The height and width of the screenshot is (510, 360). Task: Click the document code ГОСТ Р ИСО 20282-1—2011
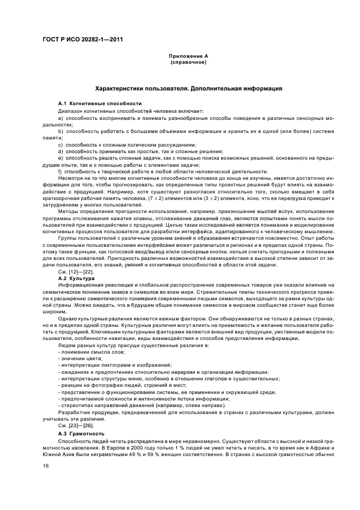click(78, 38)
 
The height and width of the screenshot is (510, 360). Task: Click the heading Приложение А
click(188, 56)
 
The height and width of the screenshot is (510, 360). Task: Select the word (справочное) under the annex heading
click(188, 62)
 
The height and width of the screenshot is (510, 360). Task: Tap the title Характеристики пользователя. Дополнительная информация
click(188, 88)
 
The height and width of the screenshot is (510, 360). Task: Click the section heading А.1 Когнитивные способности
click(92, 104)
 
